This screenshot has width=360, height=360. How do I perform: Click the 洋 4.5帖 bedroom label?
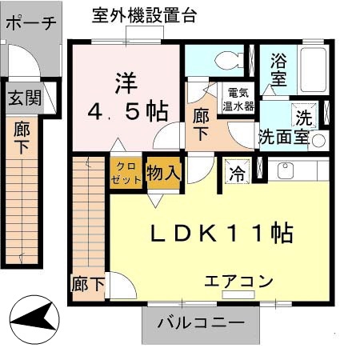(124, 97)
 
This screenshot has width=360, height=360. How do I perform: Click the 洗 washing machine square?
(304, 115)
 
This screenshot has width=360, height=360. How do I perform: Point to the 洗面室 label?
(282, 136)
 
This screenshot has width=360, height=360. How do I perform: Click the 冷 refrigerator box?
(238, 170)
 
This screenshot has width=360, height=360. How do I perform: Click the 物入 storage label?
(164, 171)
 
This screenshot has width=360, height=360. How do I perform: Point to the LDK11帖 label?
(222, 233)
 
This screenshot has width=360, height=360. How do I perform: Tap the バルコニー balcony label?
(201, 324)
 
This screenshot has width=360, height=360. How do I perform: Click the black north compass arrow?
(36, 319)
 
